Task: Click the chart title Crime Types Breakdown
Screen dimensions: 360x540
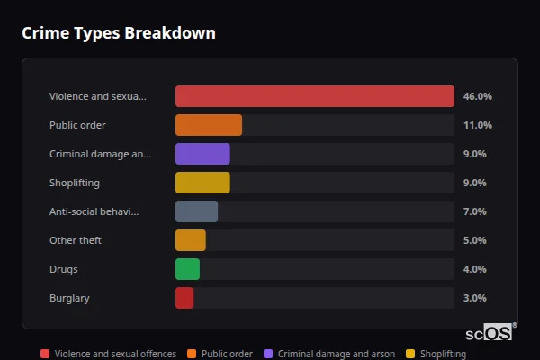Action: (119, 34)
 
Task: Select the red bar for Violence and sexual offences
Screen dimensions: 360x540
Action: (314, 96)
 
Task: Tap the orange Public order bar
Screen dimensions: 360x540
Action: (209, 125)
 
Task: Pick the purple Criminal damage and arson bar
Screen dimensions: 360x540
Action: (202, 154)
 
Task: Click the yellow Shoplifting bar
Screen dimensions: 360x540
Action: (202, 183)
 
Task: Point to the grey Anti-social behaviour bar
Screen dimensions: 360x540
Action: (196, 211)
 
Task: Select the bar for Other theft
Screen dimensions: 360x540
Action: (191, 240)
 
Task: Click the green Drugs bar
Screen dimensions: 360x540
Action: (187, 269)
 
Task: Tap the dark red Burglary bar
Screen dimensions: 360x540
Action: (184, 298)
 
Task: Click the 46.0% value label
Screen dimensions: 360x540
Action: (477, 96)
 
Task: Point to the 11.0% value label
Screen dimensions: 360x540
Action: (477, 125)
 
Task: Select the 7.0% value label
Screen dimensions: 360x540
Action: (475, 211)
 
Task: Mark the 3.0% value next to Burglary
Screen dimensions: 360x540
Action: (475, 298)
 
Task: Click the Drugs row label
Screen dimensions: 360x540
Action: (64, 269)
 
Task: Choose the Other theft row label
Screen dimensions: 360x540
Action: (76, 240)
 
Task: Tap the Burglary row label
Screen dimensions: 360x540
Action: (69, 298)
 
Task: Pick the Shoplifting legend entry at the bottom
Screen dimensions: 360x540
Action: (436, 355)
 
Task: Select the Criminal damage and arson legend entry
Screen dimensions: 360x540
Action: (328, 355)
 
